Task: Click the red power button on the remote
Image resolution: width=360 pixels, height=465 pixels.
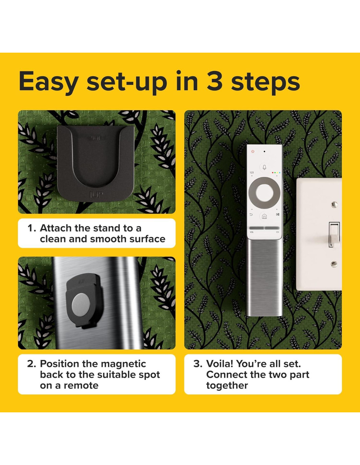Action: [253, 151]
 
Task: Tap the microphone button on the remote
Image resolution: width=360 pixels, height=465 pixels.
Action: [264, 167]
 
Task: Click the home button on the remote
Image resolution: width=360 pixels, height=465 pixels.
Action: [264, 216]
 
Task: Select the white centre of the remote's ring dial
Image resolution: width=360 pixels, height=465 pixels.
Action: [264, 193]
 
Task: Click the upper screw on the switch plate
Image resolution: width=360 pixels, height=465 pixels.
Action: [334, 205]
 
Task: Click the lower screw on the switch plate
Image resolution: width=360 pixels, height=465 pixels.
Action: [334, 265]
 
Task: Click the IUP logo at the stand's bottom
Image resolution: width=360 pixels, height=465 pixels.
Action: [96, 195]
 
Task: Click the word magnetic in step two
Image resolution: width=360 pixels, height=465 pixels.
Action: [123, 364]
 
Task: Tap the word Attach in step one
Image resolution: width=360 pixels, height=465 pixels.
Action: [56, 228]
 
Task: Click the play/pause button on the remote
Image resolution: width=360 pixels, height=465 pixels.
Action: [278, 215]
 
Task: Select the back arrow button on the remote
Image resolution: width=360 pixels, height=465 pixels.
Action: [251, 215]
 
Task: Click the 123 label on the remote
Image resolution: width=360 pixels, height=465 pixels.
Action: [252, 172]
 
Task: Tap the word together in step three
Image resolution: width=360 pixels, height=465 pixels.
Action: [227, 386]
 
